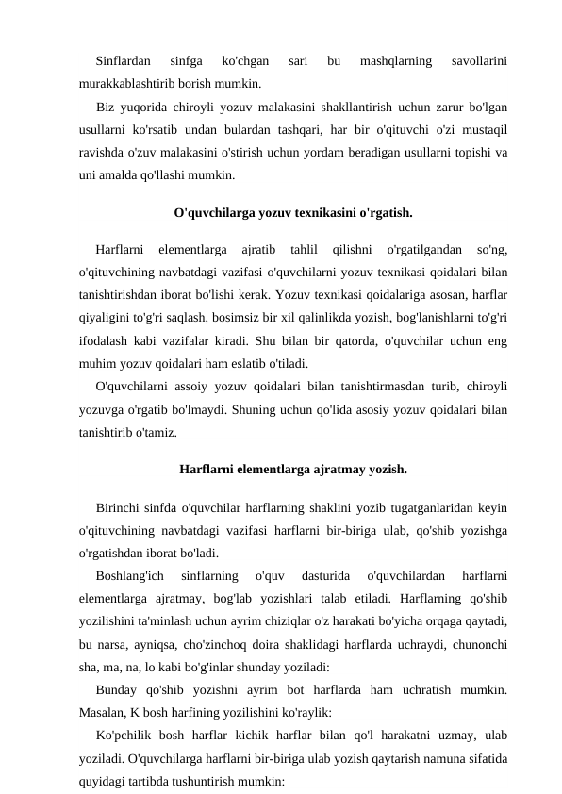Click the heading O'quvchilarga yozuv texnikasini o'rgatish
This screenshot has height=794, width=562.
293,212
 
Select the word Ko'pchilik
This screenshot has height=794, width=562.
125,734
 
